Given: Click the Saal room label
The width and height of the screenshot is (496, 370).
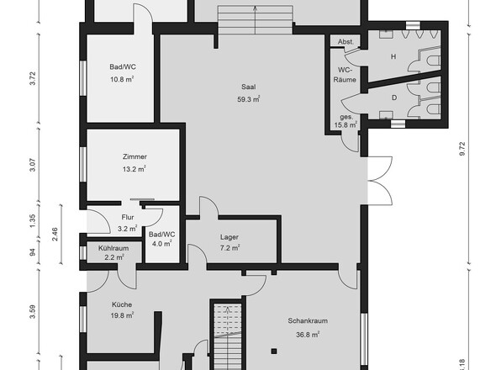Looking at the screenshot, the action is pyautogui.click(x=248, y=87).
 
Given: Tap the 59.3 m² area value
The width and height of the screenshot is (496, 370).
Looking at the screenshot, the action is pyautogui.click(x=249, y=99).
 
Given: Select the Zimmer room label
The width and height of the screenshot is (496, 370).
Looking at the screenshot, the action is pyautogui.click(x=135, y=156).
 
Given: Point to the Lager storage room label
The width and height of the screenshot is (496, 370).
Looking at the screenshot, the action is pyautogui.click(x=230, y=237).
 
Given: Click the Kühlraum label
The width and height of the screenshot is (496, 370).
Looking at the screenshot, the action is pyautogui.click(x=113, y=248).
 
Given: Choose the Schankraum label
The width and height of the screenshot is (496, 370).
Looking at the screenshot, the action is pyautogui.click(x=308, y=321).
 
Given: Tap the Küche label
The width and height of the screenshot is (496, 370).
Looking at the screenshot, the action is pyautogui.click(x=122, y=304).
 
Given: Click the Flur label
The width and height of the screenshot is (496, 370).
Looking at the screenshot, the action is pyautogui.click(x=128, y=217).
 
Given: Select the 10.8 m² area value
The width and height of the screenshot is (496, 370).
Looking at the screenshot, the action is pyautogui.click(x=122, y=79).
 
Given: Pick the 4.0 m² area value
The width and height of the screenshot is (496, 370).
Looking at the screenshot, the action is pyautogui.click(x=162, y=244).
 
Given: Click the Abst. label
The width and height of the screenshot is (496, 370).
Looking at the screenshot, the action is pyautogui.click(x=345, y=42).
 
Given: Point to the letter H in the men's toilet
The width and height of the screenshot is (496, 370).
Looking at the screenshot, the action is pyautogui.click(x=393, y=56).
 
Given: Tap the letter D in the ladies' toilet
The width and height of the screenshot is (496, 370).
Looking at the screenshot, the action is pyautogui.click(x=394, y=98).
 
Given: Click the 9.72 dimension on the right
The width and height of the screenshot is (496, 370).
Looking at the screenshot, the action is pyautogui.click(x=462, y=149).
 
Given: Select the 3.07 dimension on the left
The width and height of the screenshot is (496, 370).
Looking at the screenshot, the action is pyautogui.click(x=33, y=165).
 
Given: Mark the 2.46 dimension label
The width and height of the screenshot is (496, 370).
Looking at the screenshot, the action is pyautogui.click(x=55, y=235).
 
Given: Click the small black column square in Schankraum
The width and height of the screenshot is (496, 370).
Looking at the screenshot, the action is pyautogui.click(x=274, y=351).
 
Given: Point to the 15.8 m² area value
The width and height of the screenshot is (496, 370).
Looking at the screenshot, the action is pyautogui.click(x=346, y=125).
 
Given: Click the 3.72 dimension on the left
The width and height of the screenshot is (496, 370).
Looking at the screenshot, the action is pyautogui.click(x=33, y=78).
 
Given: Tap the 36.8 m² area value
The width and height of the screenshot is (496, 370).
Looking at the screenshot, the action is pyautogui.click(x=308, y=335).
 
